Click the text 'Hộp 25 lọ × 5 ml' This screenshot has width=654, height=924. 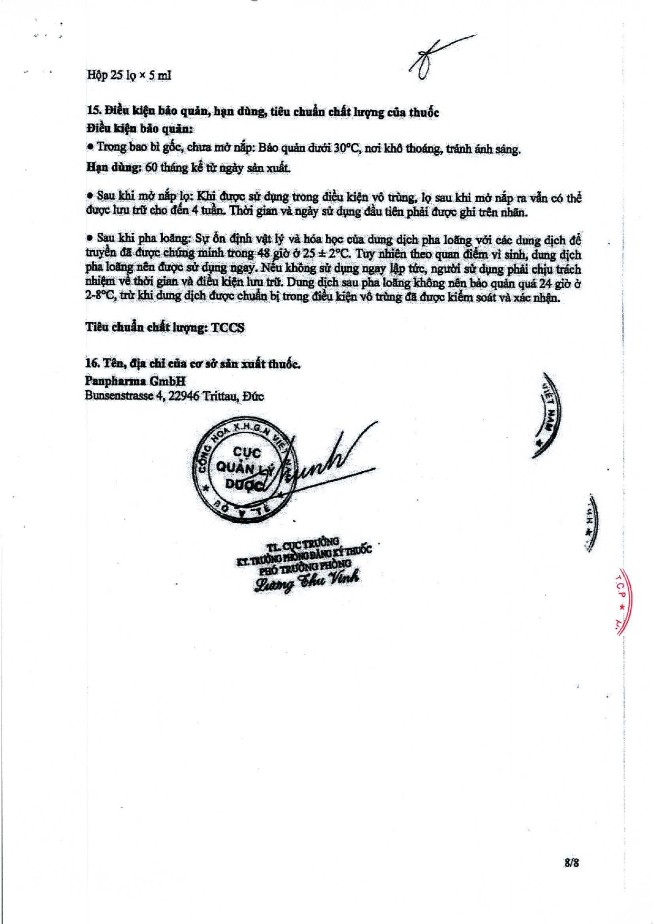click(x=129, y=75)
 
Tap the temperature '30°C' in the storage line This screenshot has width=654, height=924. click(x=345, y=148)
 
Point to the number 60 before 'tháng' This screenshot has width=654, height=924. click(x=151, y=167)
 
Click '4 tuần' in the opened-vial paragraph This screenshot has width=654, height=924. click(x=212, y=212)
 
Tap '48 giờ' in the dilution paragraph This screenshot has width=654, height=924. click(x=274, y=253)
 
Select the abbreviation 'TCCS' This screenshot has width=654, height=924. click(x=227, y=327)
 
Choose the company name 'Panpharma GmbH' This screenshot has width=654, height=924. click(x=135, y=381)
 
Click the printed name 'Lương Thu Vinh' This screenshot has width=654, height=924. click(x=307, y=580)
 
